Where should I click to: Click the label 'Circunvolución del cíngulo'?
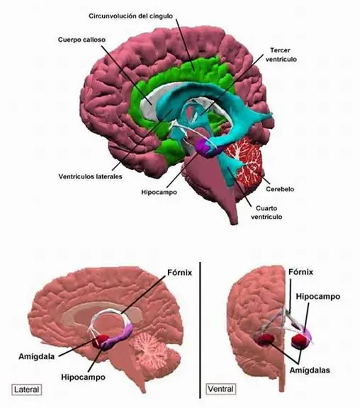tap(130, 16)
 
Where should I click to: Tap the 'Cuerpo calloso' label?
tap(81, 40)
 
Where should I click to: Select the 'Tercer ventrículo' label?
tap(281, 55)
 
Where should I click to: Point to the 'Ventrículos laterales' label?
tap(90, 176)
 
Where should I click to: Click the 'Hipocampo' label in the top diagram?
tap(159, 192)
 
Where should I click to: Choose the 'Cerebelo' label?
tap(280, 189)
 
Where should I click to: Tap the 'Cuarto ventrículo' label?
tap(266, 212)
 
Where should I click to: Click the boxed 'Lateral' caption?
tap(27, 390)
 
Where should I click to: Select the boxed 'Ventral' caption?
tap(221, 389)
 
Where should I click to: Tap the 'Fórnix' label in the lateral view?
tap(179, 273)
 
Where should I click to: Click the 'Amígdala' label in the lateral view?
tap(37, 356)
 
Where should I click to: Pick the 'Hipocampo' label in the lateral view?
tap(84, 377)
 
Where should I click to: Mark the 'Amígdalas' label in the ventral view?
tap(310, 370)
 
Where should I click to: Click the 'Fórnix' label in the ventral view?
tap(300, 272)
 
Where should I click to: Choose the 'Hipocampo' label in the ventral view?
tap(318, 296)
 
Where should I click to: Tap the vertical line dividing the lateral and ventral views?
tap(200, 330)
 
